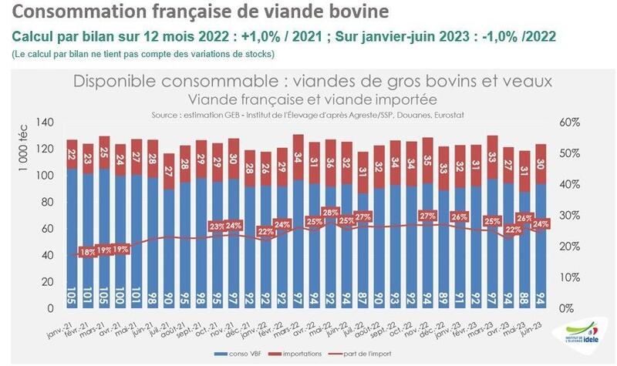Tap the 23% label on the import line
pos(217,227)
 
